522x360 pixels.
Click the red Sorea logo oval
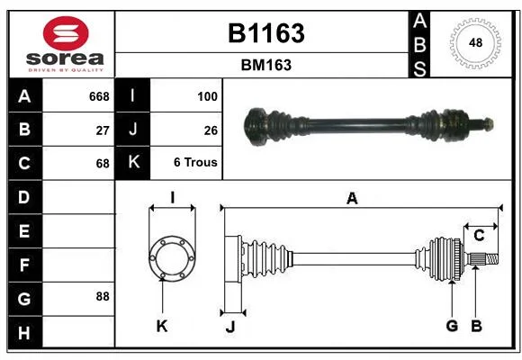pyautogui.click(x=66, y=33)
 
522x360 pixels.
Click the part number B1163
pyautogui.click(x=266, y=33)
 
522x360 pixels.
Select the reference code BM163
pyautogui.click(x=266, y=65)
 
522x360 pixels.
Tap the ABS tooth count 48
pyautogui.click(x=475, y=42)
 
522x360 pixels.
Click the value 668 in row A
pyautogui.click(x=99, y=96)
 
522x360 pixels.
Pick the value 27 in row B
pyautogui.click(x=103, y=130)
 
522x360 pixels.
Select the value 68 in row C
pyautogui.click(x=103, y=164)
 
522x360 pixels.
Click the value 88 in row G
pyautogui.click(x=103, y=296)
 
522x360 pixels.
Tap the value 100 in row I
pyautogui.click(x=207, y=96)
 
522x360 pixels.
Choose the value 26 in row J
pyautogui.click(x=211, y=130)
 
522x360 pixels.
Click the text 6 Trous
pyautogui.click(x=195, y=162)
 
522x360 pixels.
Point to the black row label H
pyautogui.click(x=25, y=332)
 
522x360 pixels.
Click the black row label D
pyautogui.click(x=25, y=197)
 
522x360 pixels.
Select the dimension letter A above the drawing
pyautogui.click(x=352, y=199)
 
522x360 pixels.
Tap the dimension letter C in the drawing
pyautogui.click(x=479, y=236)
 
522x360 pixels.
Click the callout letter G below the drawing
pyautogui.click(x=452, y=326)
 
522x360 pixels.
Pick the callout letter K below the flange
pyautogui.click(x=162, y=326)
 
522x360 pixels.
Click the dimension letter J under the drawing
pyautogui.click(x=230, y=327)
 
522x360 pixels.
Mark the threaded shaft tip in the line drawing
pyautogui.click(x=491, y=259)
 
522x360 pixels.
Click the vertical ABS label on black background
pyautogui.click(x=419, y=45)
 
